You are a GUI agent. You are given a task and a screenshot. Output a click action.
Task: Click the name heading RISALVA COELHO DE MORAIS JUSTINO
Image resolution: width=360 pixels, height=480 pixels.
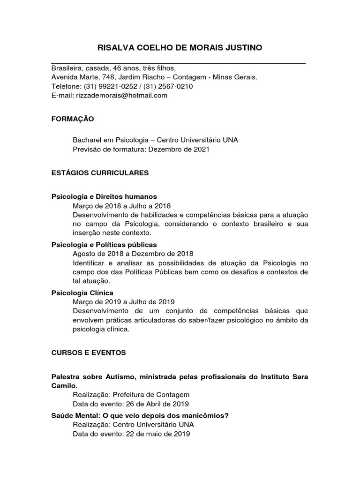[180, 48]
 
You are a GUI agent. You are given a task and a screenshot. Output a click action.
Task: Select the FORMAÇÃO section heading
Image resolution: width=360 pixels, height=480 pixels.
[72, 119]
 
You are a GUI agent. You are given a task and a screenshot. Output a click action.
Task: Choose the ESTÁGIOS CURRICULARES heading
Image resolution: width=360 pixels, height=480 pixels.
[100, 173]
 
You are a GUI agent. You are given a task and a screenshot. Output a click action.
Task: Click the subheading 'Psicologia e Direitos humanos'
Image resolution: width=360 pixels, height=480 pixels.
[104, 196]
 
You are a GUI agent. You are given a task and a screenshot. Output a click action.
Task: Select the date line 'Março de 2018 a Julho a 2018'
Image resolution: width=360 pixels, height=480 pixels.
[121, 206]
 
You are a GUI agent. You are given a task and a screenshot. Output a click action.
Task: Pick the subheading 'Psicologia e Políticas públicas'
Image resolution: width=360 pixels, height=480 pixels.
[104, 245]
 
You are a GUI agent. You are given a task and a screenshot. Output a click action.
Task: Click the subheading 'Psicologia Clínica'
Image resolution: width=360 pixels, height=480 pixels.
[82, 293]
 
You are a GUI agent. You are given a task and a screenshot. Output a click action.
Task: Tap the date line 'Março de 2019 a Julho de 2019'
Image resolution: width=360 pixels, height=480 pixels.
[123, 302]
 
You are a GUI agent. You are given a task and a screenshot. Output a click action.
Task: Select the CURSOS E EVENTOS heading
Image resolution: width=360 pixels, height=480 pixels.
[89, 352]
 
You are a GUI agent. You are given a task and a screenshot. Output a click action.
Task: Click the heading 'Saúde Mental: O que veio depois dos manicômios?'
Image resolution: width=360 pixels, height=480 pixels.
[140, 415]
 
